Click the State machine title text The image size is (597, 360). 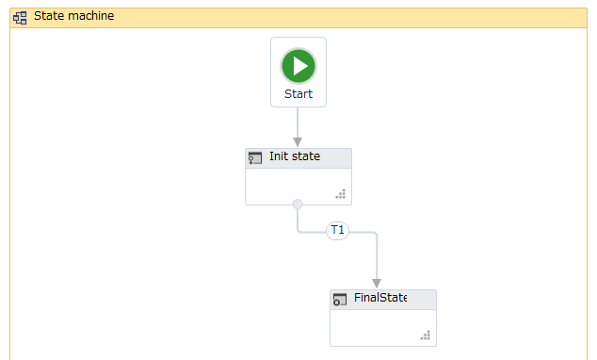pyautogui.click(x=73, y=16)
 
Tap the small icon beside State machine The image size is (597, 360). pyautogui.click(x=20, y=17)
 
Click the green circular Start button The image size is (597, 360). pyautogui.click(x=298, y=66)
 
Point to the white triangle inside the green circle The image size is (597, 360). pyautogui.click(x=299, y=66)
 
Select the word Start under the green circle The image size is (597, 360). pyautogui.click(x=298, y=94)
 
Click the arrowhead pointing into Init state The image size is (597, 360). pyautogui.click(x=298, y=141)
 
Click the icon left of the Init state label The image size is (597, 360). pyautogui.click(x=254, y=157)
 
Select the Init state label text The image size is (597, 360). pyautogui.click(x=294, y=156)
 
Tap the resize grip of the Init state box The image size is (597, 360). pyautogui.click(x=341, y=195)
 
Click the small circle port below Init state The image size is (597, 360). pyautogui.click(x=298, y=205)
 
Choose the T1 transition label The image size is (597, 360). pyautogui.click(x=337, y=231)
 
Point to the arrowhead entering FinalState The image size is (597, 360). pyautogui.click(x=377, y=283)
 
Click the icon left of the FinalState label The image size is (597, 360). pyautogui.click(x=340, y=300)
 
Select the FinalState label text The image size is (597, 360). pyautogui.click(x=380, y=299)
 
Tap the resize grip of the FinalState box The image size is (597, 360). pyautogui.click(x=426, y=336)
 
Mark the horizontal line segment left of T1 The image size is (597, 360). pyautogui.click(x=313, y=231)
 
